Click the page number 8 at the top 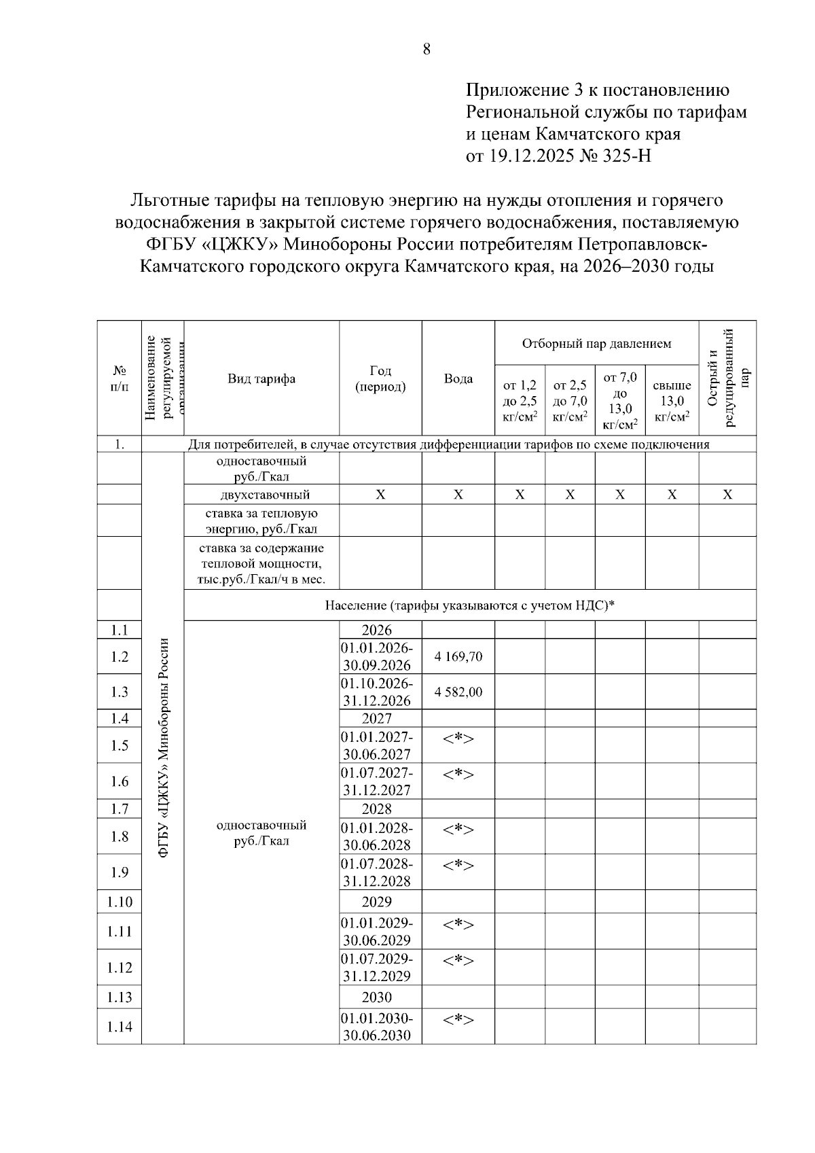tap(427, 49)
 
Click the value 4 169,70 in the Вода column tap(458, 656)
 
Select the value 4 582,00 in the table tap(458, 692)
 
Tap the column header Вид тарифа tap(261, 379)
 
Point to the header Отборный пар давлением tap(596, 344)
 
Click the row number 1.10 tap(120, 902)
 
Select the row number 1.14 tap(120, 1026)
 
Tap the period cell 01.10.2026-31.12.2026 tap(377, 692)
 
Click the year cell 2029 tap(377, 902)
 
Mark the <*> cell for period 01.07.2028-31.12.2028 tap(458, 865)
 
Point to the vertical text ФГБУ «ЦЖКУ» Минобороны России tap(163, 747)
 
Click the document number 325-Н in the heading tap(626, 156)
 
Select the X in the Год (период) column tap(380, 495)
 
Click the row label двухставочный tap(261, 495)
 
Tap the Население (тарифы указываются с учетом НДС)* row tap(469, 605)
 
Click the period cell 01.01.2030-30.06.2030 tap(377, 1027)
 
